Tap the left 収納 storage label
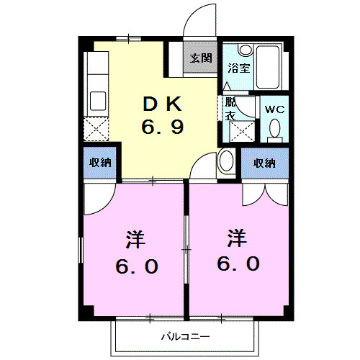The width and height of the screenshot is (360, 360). pos(101,163)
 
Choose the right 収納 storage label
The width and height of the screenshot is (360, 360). pos(265,163)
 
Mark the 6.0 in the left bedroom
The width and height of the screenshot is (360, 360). pos(136,266)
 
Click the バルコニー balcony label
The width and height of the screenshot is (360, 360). pos(184,336)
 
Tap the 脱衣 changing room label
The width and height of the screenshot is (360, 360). pos(230,109)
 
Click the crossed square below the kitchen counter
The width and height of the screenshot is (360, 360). pos(96,130)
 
